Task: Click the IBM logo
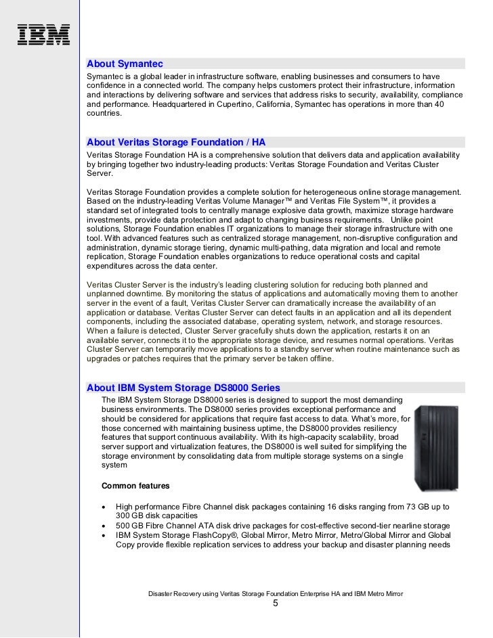(x=43, y=35)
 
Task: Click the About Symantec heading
(x=125, y=64)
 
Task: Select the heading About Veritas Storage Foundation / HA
(x=176, y=142)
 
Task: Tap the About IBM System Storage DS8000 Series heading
(x=184, y=388)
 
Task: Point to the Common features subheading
(x=135, y=486)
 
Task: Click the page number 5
(x=276, y=604)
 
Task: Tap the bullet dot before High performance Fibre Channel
(x=103, y=507)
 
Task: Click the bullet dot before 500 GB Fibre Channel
(x=103, y=526)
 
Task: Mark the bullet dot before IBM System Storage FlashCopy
(x=103, y=535)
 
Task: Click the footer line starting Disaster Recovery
(x=276, y=593)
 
